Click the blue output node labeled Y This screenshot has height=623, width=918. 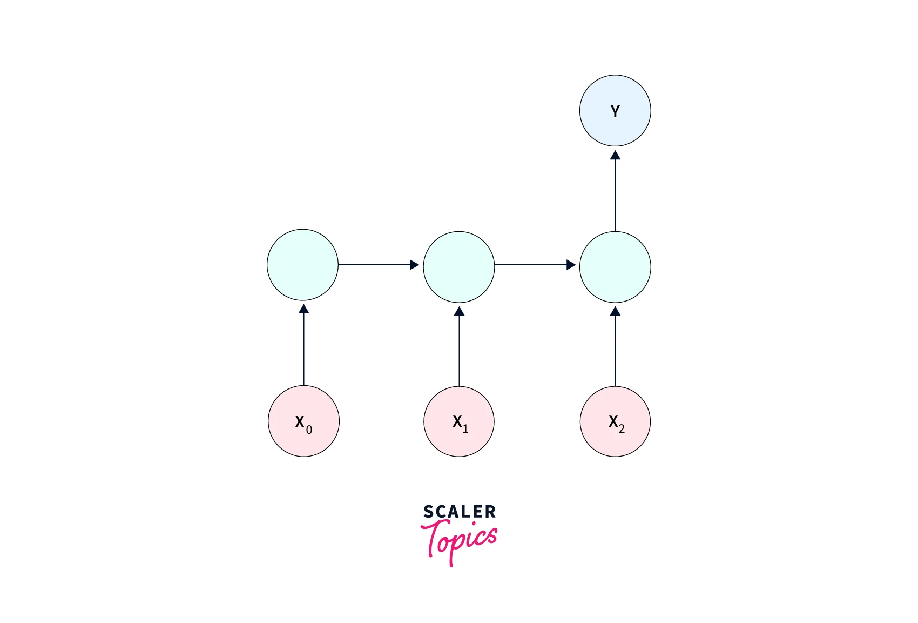point(615,110)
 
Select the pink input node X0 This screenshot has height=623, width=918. point(303,421)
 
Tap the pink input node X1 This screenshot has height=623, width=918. point(459,421)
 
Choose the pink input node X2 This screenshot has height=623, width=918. point(615,421)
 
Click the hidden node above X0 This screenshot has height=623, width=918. point(302,265)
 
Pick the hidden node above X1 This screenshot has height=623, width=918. point(459,267)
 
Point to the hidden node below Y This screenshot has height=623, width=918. point(615,267)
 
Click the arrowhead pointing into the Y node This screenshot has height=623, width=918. point(615,155)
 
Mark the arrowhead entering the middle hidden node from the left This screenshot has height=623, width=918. point(414,265)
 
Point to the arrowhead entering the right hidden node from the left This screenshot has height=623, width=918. point(571,265)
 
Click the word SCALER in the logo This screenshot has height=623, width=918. point(460,512)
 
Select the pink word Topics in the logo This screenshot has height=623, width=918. point(459,542)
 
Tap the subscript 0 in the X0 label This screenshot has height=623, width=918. point(309,430)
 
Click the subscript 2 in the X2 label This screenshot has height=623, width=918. point(622,428)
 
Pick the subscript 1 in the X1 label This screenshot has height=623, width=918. point(465,428)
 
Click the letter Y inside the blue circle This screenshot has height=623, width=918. point(615,111)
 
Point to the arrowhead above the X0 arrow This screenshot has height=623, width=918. point(303,309)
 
